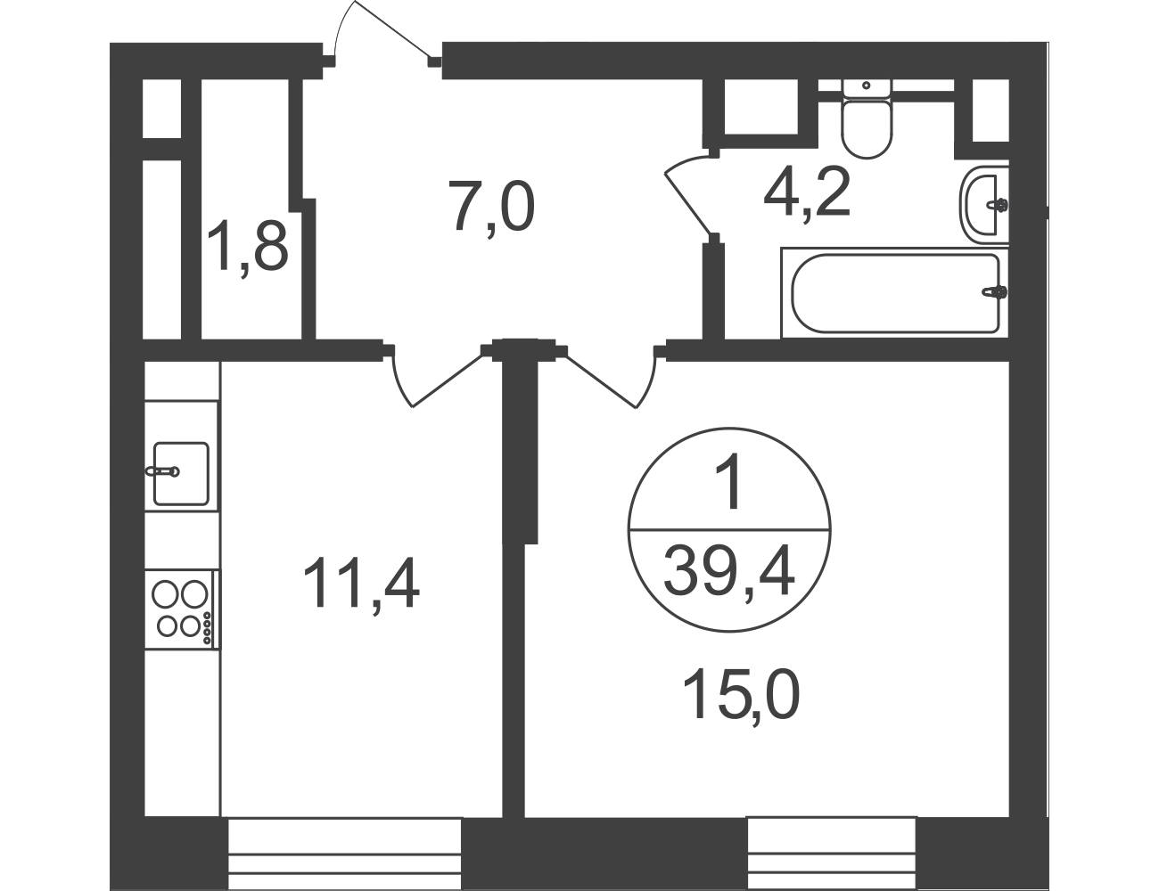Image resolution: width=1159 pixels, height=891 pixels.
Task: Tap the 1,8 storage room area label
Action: click(x=248, y=248)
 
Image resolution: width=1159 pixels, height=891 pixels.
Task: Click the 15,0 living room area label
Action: click(x=742, y=696)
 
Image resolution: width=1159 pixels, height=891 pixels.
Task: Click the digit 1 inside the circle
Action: click(x=730, y=480)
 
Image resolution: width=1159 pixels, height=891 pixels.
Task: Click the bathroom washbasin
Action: click(x=984, y=205)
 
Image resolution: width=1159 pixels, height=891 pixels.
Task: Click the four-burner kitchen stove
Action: click(x=181, y=609)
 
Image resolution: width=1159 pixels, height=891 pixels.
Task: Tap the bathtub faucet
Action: click(x=995, y=291)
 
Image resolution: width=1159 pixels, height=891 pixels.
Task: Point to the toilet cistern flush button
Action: click(x=867, y=86)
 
